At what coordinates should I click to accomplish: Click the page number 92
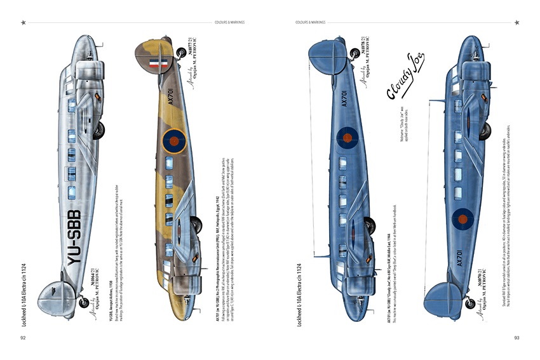coord(23,338)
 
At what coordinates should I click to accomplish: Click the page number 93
coord(517,338)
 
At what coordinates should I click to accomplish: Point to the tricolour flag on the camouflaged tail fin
coord(158,63)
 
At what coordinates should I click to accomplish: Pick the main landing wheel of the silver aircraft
coord(98,131)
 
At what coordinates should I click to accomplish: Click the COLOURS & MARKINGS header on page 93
coord(310,22)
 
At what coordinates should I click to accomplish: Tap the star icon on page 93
coord(517,22)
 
